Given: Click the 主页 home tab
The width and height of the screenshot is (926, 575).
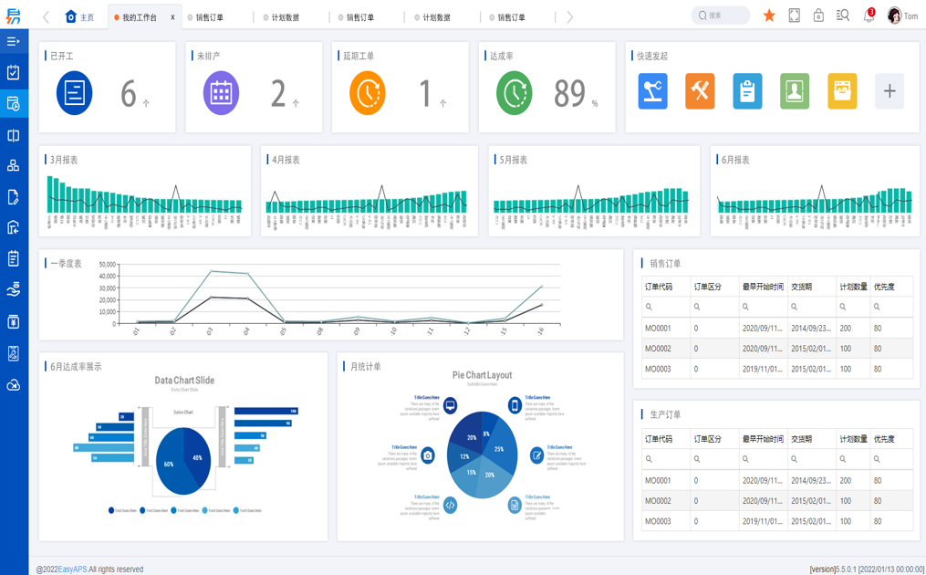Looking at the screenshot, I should (x=80, y=17).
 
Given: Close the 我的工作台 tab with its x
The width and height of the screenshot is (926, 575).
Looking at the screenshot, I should (x=172, y=17).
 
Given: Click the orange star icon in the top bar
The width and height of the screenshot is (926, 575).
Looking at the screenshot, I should (x=769, y=16).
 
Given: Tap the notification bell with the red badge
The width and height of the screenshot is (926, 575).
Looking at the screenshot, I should (x=869, y=16).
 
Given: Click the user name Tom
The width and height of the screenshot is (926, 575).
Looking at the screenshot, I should (x=910, y=16).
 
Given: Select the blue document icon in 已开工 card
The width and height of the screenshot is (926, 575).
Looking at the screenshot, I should (x=74, y=93).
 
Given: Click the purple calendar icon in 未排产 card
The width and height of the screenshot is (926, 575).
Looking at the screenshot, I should (x=221, y=93).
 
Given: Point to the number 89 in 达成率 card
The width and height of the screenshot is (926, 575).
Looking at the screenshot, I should (x=569, y=93).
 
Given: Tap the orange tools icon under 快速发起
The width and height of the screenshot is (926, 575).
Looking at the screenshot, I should (x=700, y=91).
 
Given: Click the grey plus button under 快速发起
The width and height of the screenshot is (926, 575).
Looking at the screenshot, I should (x=889, y=91).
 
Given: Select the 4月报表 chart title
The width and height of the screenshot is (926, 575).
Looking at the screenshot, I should (x=286, y=160).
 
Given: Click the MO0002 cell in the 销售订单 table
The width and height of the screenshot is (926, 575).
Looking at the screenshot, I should (x=658, y=349).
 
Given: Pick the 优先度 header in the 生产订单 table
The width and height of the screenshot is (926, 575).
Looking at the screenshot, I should (x=884, y=439).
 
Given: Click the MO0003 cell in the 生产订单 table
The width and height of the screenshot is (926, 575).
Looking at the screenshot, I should (x=658, y=521).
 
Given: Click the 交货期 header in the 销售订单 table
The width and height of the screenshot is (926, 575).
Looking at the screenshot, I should (x=801, y=287).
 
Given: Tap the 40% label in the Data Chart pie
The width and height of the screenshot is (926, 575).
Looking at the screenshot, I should (x=198, y=458).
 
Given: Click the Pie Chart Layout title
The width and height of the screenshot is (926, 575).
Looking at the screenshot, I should (x=482, y=375).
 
